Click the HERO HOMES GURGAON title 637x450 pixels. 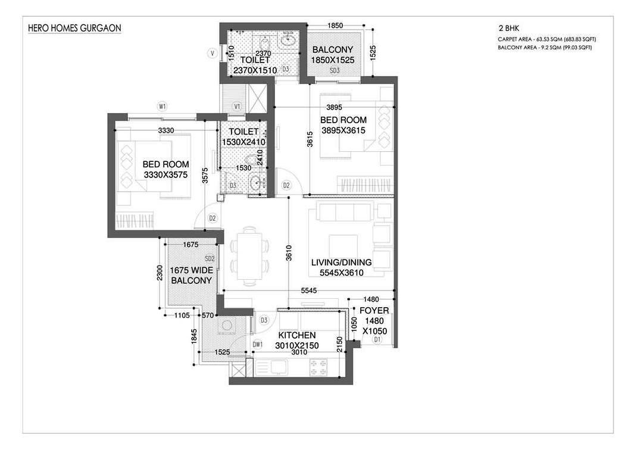pyautogui.click(x=74, y=28)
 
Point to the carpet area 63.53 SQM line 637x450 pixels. pyautogui.click(x=547, y=39)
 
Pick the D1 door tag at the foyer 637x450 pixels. pyautogui.click(x=377, y=339)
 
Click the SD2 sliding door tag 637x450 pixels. pyautogui.click(x=210, y=258)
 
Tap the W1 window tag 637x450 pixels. pyautogui.click(x=162, y=107)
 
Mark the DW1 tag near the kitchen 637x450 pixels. pyautogui.click(x=258, y=345)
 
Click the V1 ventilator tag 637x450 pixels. pyautogui.click(x=237, y=107)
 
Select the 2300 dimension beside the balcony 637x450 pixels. pyautogui.click(x=160, y=273)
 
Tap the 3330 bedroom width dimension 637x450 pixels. pyautogui.click(x=166, y=130)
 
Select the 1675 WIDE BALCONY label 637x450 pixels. pyautogui.click(x=191, y=275)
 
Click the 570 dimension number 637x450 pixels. pyautogui.click(x=208, y=315)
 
